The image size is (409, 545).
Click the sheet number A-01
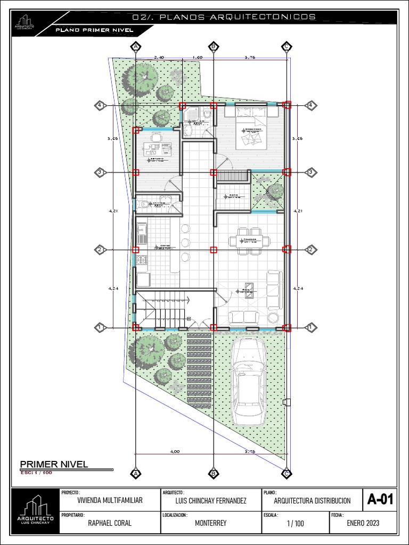click(x=380, y=500)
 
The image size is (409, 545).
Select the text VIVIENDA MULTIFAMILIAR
click(x=110, y=501)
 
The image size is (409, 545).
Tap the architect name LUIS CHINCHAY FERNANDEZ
click(x=211, y=501)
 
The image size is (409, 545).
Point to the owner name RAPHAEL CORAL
click(x=110, y=523)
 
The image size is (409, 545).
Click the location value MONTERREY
click(x=211, y=523)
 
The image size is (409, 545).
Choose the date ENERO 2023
click(x=363, y=523)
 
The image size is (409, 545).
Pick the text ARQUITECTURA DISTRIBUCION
click(x=312, y=501)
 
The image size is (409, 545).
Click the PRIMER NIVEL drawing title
click(x=54, y=464)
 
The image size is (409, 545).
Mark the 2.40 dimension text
click(x=159, y=57)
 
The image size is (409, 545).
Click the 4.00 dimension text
click(x=175, y=451)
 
